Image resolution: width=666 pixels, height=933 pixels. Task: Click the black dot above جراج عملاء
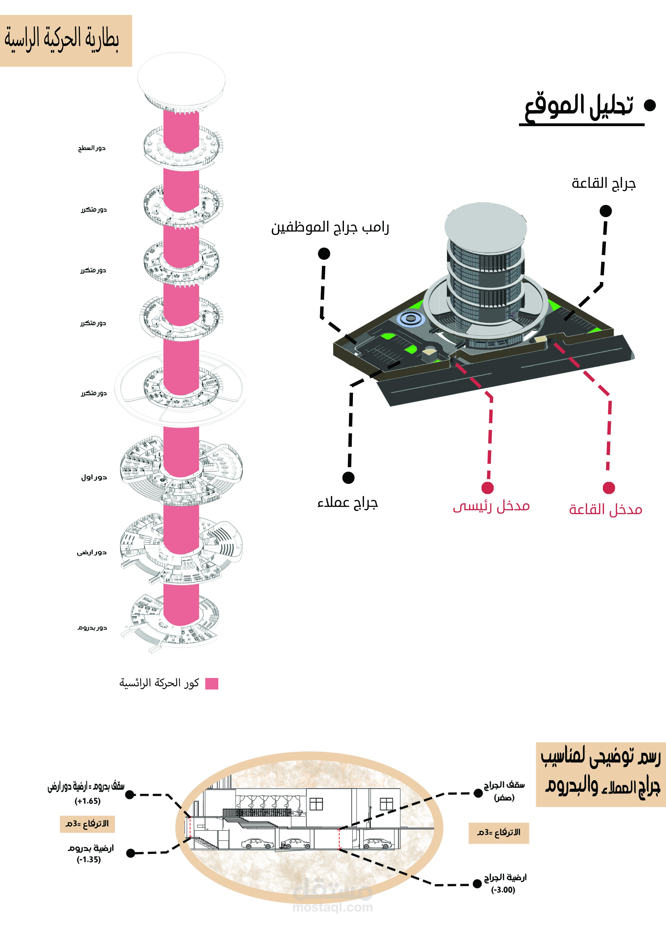[x=348, y=477]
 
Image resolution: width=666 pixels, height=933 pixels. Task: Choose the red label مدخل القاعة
[x=605, y=509]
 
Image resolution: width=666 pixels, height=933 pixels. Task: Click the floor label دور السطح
[x=92, y=148]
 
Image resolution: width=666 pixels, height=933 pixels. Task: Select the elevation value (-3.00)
[x=503, y=890]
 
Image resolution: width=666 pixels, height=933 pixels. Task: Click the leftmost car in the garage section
[x=257, y=844]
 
